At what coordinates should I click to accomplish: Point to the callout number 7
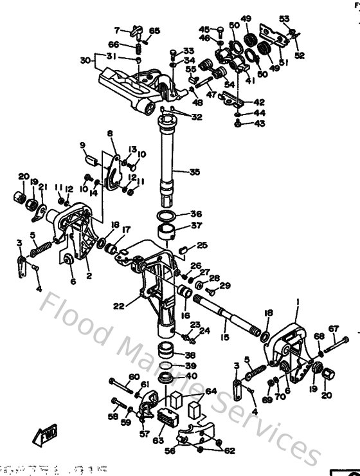118,30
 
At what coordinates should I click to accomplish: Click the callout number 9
82,145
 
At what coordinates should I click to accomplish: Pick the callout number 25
202,245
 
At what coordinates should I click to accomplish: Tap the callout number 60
134,377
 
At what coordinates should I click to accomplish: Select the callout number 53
285,18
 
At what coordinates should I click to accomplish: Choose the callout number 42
259,102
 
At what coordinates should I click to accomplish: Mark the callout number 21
42,187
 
